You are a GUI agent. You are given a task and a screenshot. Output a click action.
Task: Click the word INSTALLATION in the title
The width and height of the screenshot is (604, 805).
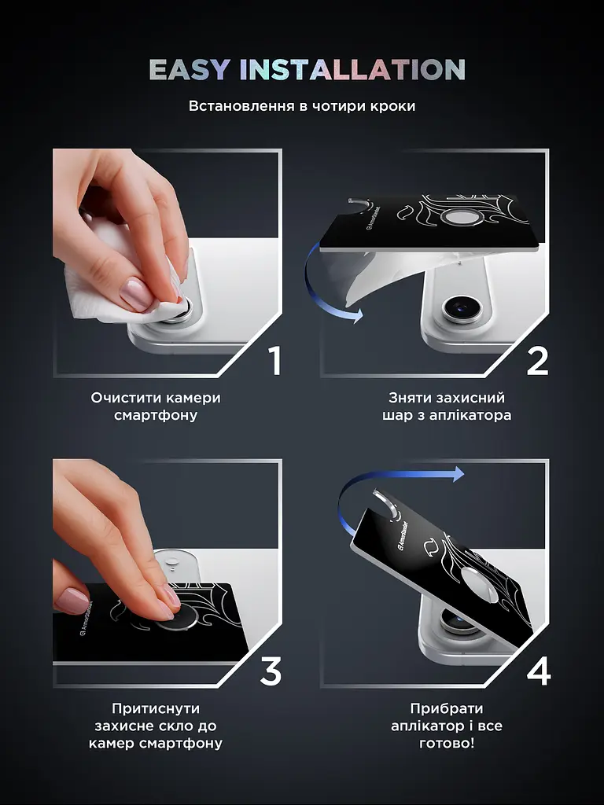(352, 70)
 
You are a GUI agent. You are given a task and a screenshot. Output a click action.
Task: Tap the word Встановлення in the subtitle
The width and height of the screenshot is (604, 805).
(241, 106)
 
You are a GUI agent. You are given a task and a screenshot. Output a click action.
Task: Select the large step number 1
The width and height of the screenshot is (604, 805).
(276, 360)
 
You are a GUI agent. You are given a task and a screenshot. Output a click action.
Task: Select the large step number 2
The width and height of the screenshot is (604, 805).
(537, 360)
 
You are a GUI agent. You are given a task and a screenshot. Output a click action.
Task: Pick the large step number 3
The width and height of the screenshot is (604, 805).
(271, 671)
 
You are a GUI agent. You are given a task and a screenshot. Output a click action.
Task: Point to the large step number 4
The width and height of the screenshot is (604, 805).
(538, 671)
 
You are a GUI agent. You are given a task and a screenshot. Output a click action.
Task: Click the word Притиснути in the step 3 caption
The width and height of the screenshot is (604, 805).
(156, 709)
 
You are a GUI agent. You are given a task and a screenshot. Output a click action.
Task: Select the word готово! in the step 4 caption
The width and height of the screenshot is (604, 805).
(447, 743)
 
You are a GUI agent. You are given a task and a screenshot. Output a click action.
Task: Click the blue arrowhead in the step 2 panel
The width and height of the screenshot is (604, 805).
(355, 314)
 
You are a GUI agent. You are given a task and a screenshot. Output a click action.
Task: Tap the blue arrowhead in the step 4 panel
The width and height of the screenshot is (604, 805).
(456, 473)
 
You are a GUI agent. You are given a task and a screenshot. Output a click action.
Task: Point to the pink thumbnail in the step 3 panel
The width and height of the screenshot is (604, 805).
(72, 600)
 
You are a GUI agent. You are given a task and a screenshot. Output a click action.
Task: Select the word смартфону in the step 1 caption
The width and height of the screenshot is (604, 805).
(156, 415)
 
